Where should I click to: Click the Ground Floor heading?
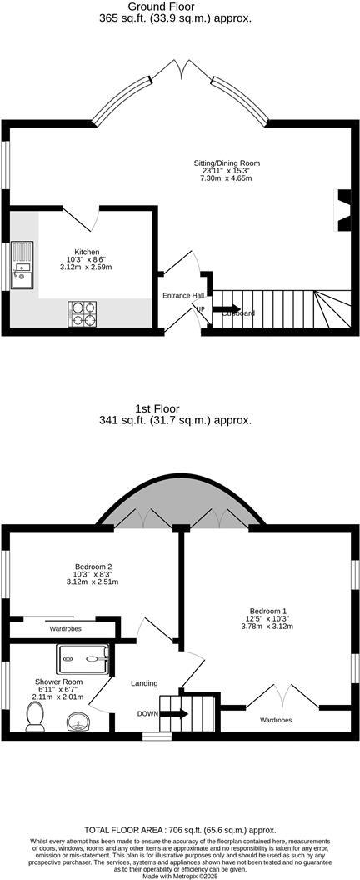(179, 6)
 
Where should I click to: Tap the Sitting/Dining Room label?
(225, 162)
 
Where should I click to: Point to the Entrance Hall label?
(182, 296)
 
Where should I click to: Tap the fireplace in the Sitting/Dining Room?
(342, 208)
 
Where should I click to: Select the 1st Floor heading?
(180, 408)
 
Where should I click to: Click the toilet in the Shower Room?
(35, 716)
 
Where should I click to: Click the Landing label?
(144, 683)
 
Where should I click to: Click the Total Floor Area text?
(180, 830)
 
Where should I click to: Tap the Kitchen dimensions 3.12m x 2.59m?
(87, 267)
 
